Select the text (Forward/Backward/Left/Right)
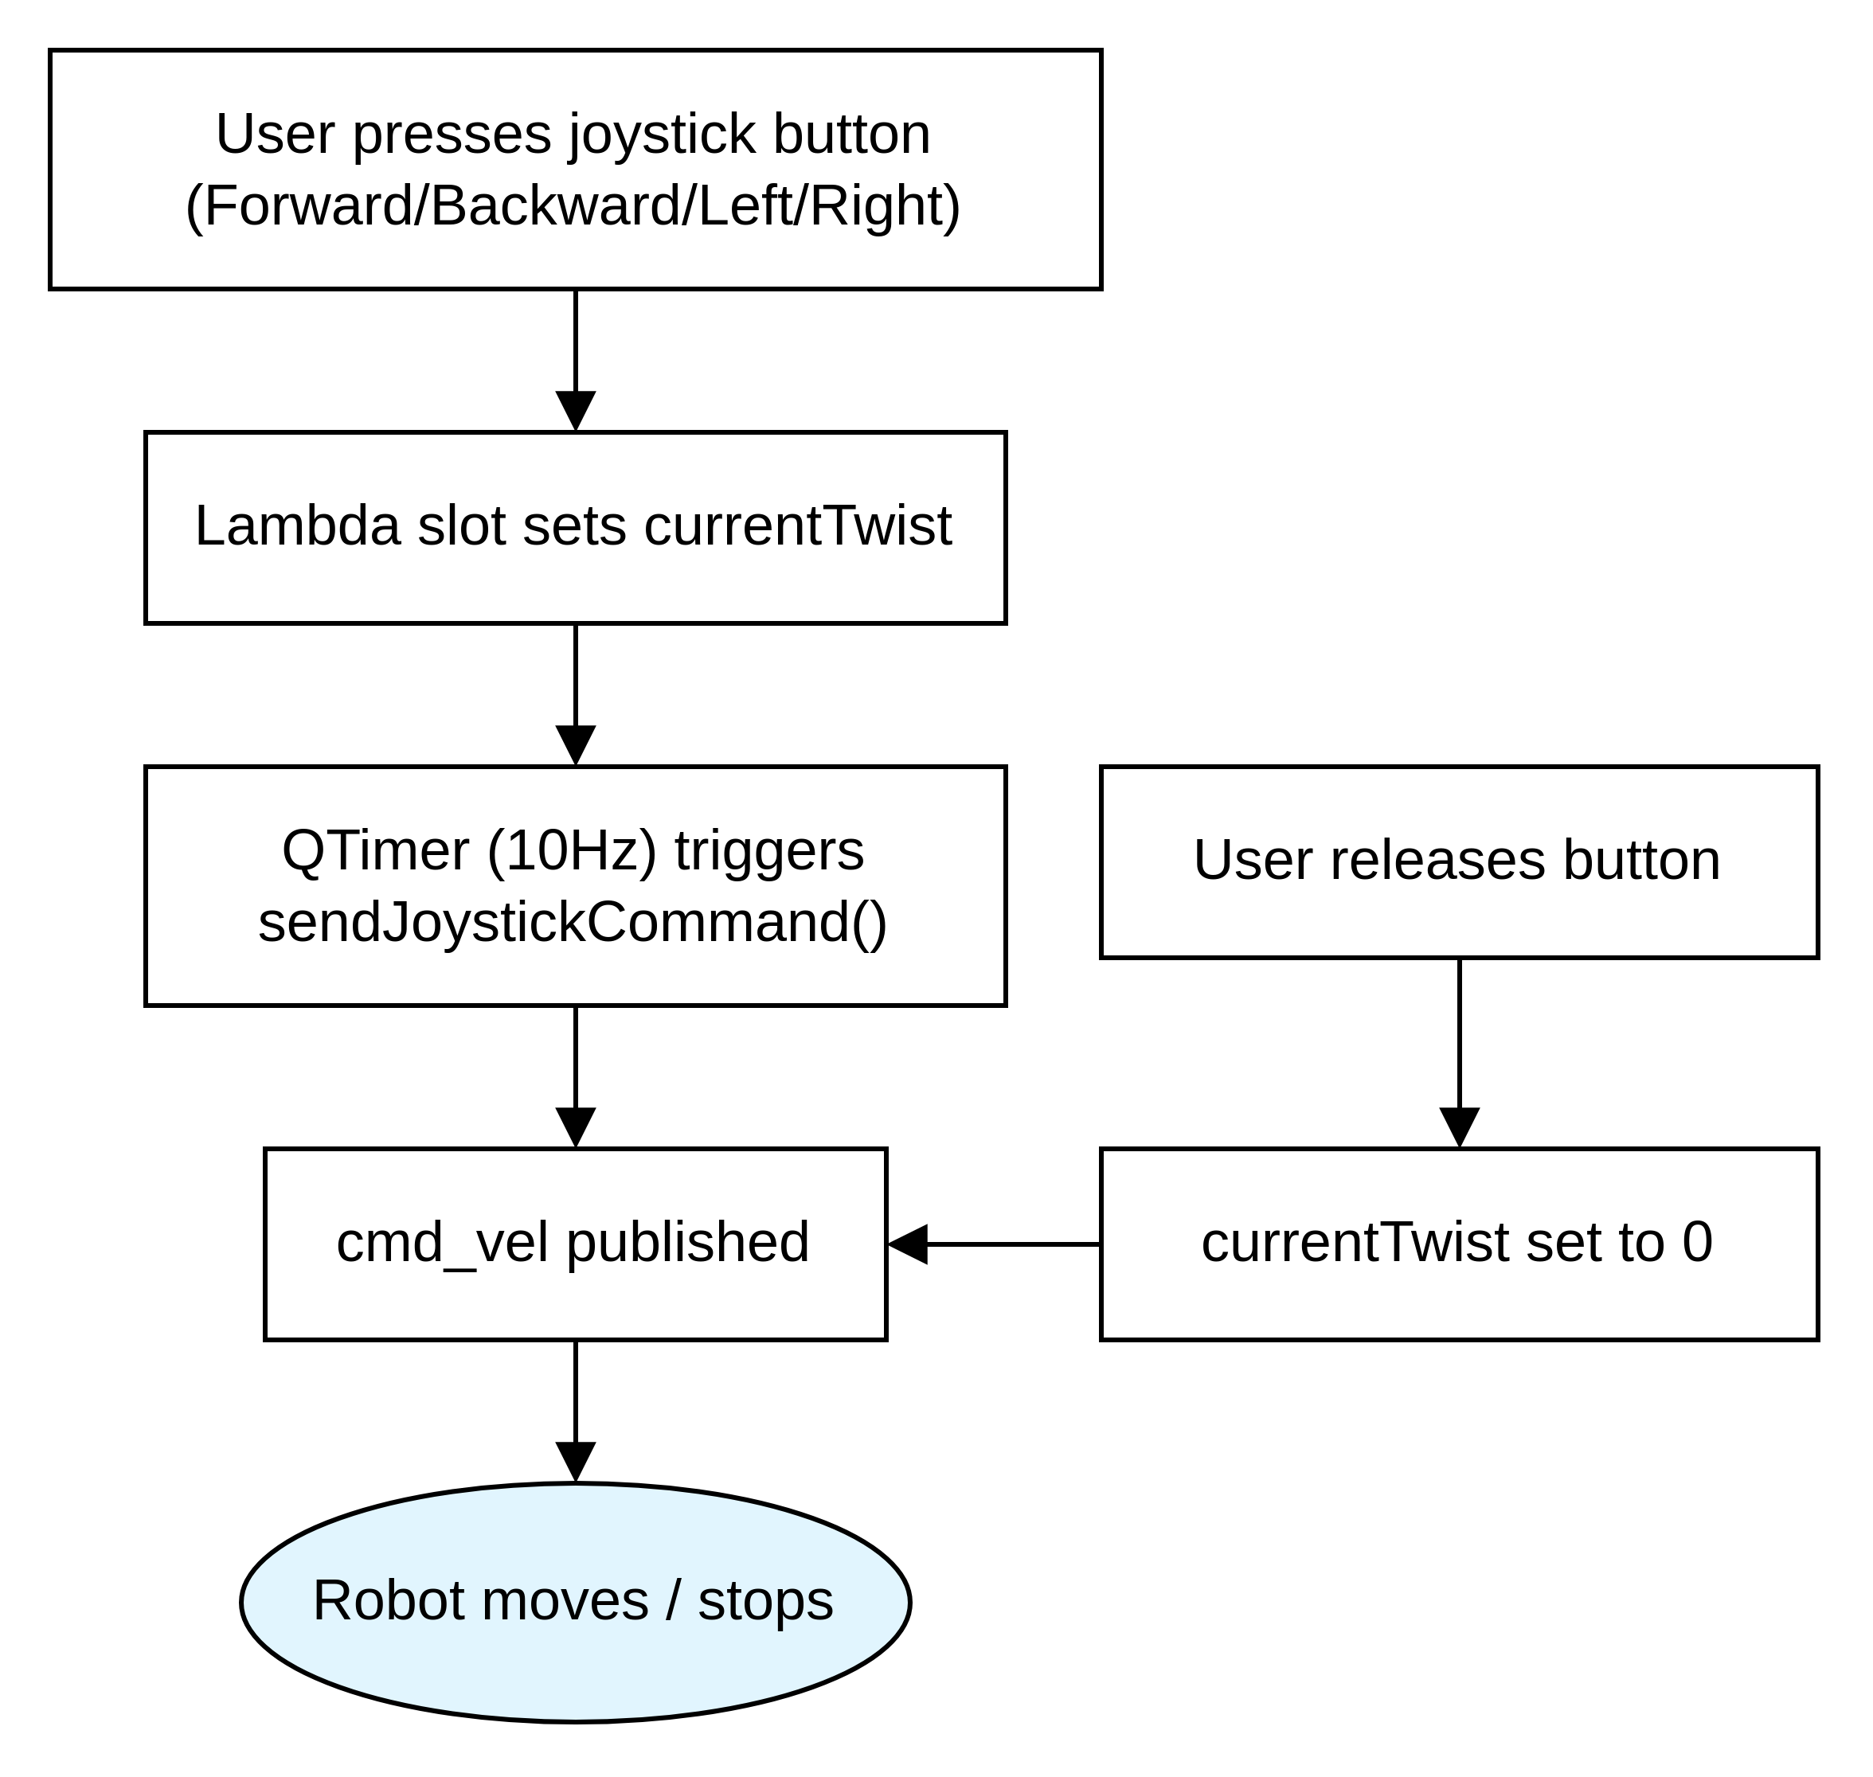tap(573, 205)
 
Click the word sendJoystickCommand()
tap(573, 923)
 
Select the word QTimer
tap(375, 849)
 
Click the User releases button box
tap(1459, 862)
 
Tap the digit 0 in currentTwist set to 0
tap(1697, 1242)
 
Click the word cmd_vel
tap(443, 1242)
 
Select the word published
tap(688, 1242)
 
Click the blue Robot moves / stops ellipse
tap(575, 1601)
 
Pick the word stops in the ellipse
tap(765, 1601)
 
